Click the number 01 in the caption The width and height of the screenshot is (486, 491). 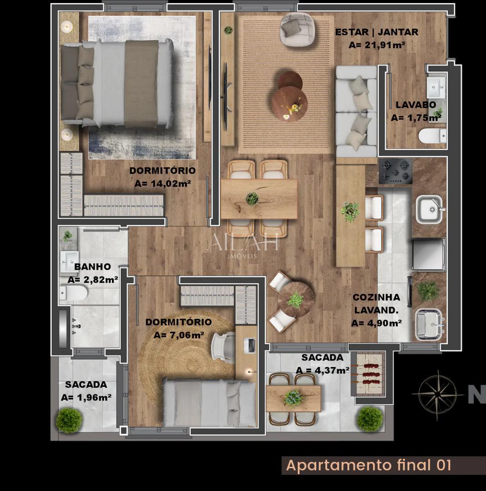coord(443,465)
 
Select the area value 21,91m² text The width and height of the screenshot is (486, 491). coord(376,45)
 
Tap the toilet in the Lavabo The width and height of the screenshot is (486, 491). coord(433,135)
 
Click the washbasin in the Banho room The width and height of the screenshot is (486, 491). coord(70,261)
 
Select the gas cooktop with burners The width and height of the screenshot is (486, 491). coord(395,171)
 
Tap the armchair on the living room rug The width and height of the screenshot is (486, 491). coord(296,29)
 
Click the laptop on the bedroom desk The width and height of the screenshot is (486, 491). coord(250,346)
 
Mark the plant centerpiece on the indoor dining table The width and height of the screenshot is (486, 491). coord(252,198)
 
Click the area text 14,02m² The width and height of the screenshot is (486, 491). coord(162,184)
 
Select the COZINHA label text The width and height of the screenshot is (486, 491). coord(376,297)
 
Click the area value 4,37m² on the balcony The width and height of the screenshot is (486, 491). coord(323,370)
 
